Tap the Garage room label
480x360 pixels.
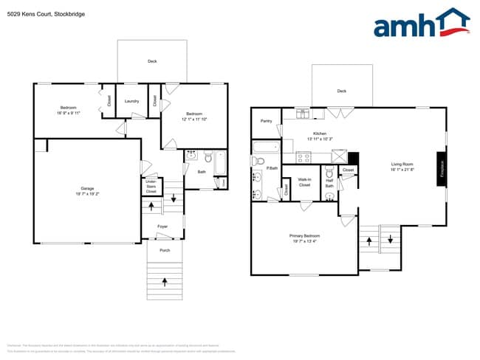click(87, 191)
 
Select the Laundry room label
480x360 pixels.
click(132, 101)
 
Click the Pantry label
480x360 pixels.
click(266, 121)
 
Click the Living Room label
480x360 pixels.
click(402, 167)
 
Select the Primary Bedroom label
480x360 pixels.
click(304, 238)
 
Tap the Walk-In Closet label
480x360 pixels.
click(304, 181)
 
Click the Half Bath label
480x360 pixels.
click(329, 183)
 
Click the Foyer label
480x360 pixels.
click(162, 226)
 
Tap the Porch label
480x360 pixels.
click(164, 250)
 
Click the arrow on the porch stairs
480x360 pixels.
click(164, 280)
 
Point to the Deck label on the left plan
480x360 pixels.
click(152, 61)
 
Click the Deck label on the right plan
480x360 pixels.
click(341, 91)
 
